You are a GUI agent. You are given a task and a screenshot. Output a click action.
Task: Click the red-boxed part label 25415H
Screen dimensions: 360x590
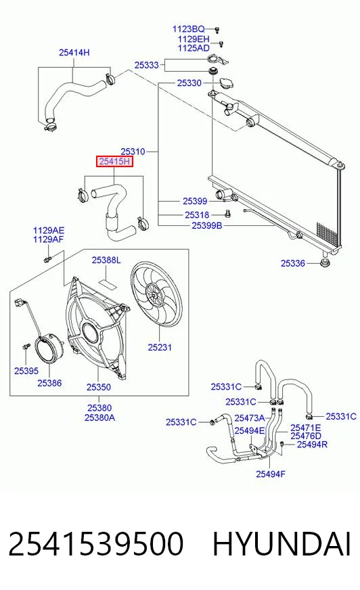click(x=115, y=162)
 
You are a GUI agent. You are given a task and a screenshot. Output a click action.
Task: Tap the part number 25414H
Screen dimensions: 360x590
click(x=74, y=52)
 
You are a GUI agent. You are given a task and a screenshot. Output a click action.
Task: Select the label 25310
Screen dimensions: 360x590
click(x=133, y=152)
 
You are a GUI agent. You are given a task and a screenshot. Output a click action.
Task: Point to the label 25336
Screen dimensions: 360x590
click(x=292, y=263)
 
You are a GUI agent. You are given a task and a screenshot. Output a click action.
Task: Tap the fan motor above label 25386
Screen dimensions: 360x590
click(x=49, y=350)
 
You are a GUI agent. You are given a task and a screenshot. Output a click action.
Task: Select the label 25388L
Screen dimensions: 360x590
click(x=106, y=260)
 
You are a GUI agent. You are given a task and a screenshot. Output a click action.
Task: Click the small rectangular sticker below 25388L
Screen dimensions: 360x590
click(x=108, y=283)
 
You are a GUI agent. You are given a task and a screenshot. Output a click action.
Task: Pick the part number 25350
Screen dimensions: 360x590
click(x=99, y=387)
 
